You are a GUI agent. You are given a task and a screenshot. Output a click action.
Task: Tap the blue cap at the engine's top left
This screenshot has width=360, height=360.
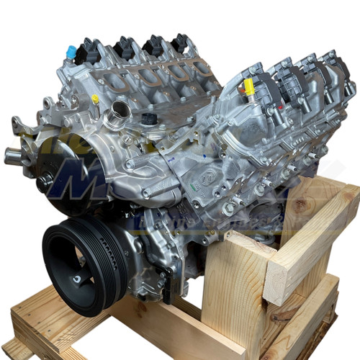71,51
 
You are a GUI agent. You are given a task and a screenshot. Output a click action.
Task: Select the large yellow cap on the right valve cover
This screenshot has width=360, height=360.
249,87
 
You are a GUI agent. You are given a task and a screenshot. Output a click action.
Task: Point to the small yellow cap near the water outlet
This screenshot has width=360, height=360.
95,99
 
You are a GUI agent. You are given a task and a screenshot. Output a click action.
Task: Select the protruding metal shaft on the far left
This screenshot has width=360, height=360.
13,153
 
